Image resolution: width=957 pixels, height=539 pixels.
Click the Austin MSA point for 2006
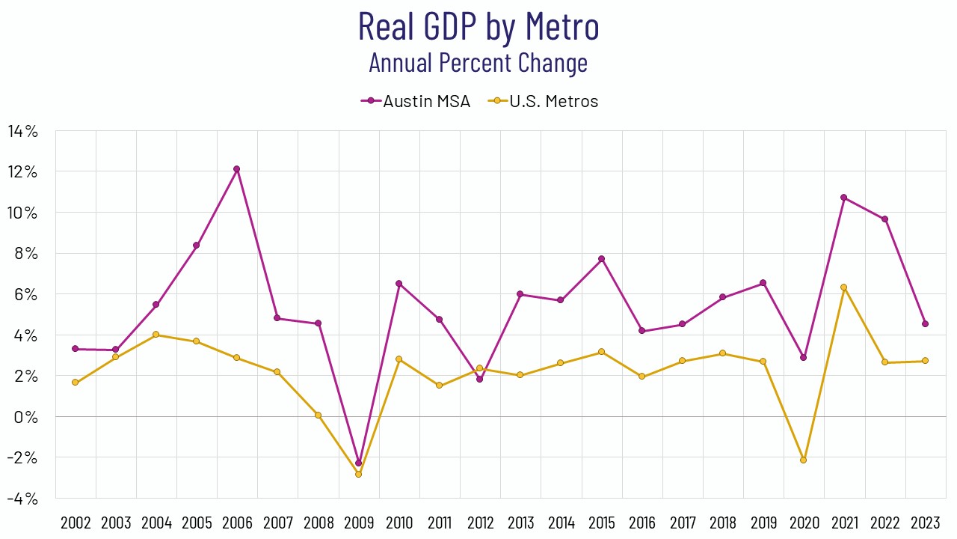click(x=237, y=169)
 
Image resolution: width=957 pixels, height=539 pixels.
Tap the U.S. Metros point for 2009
click(x=358, y=474)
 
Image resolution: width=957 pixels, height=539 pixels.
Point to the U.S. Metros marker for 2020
click(x=804, y=460)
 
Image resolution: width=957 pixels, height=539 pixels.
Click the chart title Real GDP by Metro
click(x=478, y=26)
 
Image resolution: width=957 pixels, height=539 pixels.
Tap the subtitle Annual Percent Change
click(x=478, y=62)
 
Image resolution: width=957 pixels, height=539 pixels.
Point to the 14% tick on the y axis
click(x=22, y=131)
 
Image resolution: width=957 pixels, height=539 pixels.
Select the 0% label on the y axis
click(x=26, y=416)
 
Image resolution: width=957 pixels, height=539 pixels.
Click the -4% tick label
click(x=22, y=498)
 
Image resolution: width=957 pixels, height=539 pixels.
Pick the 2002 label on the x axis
click(x=76, y=523)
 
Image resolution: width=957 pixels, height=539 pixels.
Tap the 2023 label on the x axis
click(x=925, y=523)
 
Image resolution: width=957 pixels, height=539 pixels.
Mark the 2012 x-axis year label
click(x=480, y=523)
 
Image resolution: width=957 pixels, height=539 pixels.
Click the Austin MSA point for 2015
click(x=601, y=259)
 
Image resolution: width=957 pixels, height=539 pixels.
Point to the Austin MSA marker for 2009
click(x=358, y=463)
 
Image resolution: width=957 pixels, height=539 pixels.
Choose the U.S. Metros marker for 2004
click(x=156, y=335)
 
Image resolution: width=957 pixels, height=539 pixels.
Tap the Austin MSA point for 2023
click(x=925, y=324)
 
